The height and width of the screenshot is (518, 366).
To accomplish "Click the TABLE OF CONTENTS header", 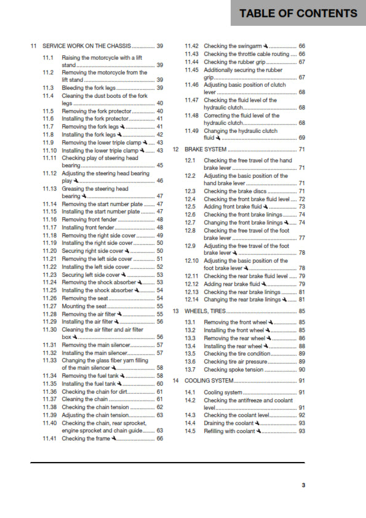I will tap(298, 14).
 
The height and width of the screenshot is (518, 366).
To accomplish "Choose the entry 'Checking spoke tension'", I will tap(233, 369).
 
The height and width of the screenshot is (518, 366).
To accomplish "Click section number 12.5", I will tap(190, 207).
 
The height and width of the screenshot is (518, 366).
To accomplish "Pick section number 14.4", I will tap(190, 423).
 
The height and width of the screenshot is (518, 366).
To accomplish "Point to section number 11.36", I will tap(50, 391).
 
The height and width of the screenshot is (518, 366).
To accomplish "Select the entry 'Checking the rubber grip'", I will tap(236, 62).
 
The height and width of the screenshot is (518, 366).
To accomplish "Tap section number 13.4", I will tap(190, 346).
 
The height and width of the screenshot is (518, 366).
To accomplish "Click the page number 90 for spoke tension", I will tap(302, 369).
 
